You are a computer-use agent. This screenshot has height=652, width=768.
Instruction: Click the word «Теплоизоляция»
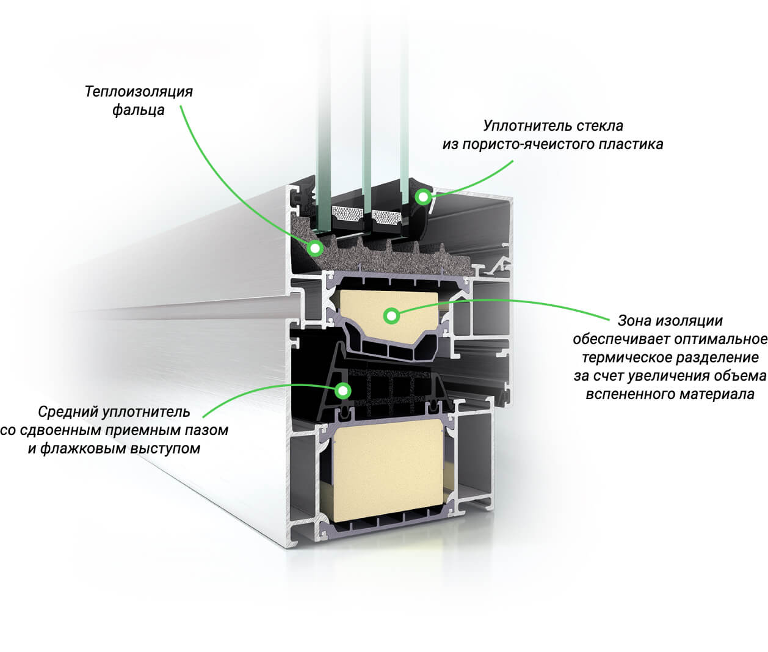[x=139, y=92]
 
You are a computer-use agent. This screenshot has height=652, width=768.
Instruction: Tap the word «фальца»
[x=138, y=110]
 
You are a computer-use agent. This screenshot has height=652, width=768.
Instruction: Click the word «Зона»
[x=635, y=320]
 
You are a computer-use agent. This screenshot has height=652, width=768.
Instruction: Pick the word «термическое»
[x=624, y=357]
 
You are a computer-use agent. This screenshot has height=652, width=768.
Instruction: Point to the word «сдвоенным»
[x=60, y=430]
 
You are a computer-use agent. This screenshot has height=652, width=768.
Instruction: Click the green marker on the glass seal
[x=422, y=197]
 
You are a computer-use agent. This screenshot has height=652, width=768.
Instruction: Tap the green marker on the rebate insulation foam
[x=315, y=247]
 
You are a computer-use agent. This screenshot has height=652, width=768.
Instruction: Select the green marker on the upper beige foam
[x=391, y=315]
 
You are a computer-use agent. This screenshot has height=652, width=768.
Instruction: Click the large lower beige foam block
[x=391, y=471]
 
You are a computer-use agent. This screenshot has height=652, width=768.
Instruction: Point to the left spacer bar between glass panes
[x=347, y=216]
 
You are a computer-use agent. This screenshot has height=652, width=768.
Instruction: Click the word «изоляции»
[x=694, y=320]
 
